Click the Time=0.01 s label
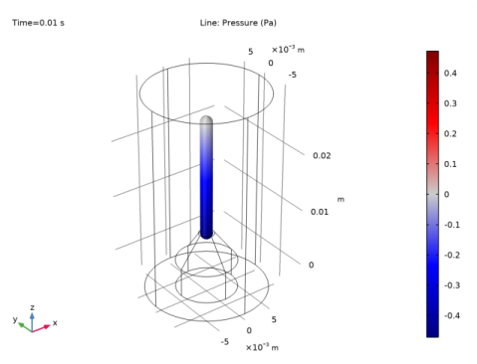tap(38, 23)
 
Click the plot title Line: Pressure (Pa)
tap(238, 23)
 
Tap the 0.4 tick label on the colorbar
tap(450, 73)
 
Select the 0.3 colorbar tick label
tap(450, 103)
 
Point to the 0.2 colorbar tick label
tap(450, 133)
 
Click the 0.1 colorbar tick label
tap(450, 164)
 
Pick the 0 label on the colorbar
tap(446, 194)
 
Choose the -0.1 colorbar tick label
tap(452, 225)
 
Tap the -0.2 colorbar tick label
tap(452, 255)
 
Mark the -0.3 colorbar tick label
tap(452, 285)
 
